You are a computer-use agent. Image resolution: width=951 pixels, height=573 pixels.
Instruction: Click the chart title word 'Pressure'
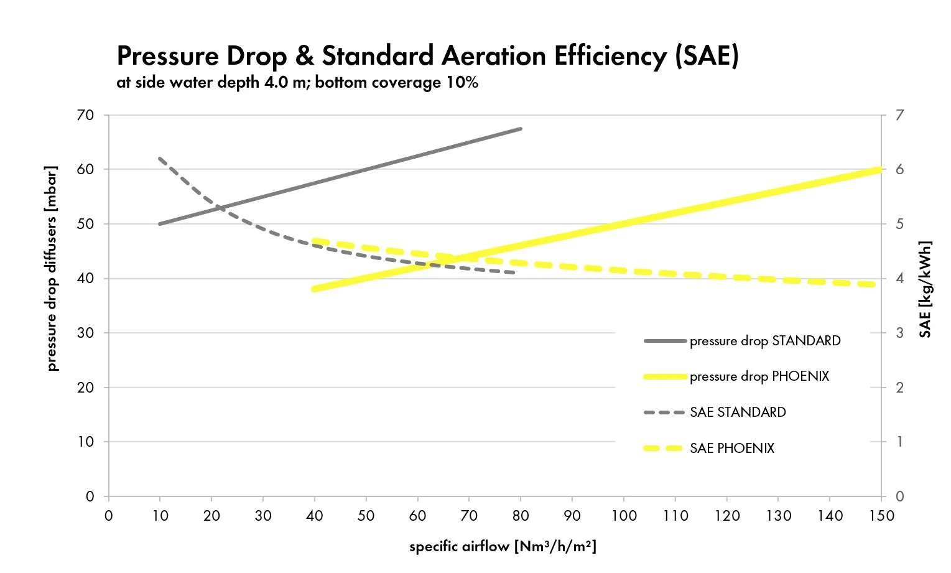tap(167, 57)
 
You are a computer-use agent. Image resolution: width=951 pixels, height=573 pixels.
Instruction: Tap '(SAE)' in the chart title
tap(707, 57)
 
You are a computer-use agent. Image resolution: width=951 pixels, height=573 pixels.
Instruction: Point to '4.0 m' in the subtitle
tap(285, 83)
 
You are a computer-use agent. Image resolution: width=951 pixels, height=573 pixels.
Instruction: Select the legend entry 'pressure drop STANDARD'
tap(764, 341)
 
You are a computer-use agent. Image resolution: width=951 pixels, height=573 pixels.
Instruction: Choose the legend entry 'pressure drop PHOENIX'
tap(759, 376)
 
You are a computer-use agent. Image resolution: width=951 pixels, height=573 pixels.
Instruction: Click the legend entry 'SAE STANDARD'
tap(737, 412)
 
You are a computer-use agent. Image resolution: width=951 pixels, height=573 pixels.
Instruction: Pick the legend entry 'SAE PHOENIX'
tap(731, 449)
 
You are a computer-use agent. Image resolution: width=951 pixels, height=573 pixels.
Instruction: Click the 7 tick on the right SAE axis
tap(899, 115)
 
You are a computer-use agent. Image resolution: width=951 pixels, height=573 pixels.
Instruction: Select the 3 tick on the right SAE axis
tap(899, 333)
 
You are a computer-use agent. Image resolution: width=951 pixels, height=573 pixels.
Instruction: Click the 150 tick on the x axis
tap(881, 516)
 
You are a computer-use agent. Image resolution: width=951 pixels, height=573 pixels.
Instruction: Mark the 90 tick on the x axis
tap(572, 516)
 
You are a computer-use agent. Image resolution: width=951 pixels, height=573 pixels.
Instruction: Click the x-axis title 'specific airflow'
tap(459, 547)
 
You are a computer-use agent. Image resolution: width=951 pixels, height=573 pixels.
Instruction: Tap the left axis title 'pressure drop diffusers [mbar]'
tap(52, 269)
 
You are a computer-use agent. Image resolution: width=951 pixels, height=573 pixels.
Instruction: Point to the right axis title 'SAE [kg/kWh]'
tap(925, 289)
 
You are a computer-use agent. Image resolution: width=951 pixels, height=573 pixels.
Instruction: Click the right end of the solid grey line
tap(521, 129)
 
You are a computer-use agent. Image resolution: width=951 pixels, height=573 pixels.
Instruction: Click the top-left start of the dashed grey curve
tap(160, 159)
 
